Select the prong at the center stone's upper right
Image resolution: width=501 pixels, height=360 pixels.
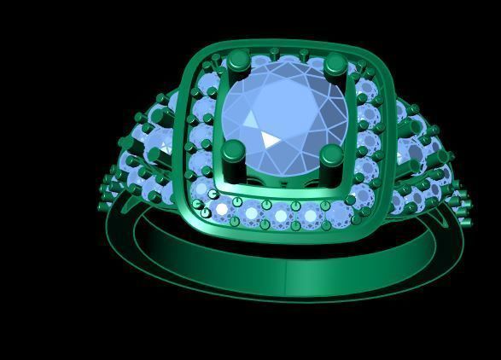click(335, 64)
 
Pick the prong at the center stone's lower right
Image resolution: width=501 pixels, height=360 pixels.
click(332, 155)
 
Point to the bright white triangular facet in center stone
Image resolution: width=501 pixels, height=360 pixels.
click(271, 139)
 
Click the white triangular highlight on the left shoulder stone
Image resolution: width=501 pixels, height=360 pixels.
click(165, 153)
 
